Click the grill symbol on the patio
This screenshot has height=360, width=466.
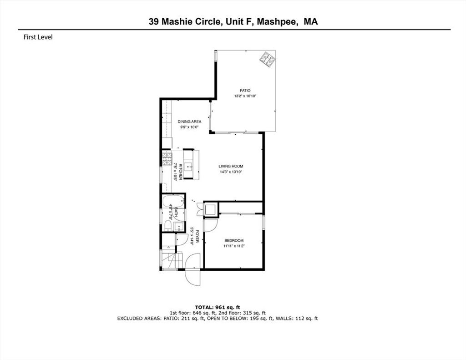coord(268,60)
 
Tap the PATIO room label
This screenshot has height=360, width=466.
coord(245,91)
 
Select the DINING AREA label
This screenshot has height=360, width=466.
coord(189,122)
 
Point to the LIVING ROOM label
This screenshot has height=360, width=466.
coord(231,166)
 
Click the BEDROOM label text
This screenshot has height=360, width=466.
coord(234,240)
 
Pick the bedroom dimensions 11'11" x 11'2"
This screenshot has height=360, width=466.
coord(234,246)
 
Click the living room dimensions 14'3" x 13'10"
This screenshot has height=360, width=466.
coord(231,172)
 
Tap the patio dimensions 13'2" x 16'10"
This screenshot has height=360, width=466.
coord(245,96)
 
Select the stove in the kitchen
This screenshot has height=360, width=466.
coord(167,158)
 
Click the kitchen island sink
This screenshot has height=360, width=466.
coord(188,167)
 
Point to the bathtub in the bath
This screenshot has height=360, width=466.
coord(172,202)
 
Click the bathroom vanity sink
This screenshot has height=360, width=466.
coord(178,227)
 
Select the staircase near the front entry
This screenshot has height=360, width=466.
coord(171,260)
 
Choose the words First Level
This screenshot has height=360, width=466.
coord(38,37)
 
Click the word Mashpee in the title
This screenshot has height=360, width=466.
coord(277,22)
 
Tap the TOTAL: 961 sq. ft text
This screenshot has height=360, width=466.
coord(217,307)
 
